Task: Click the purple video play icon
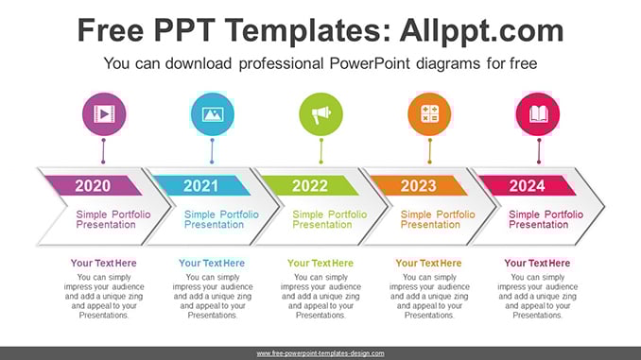[104, 114]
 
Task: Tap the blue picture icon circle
[213, 114]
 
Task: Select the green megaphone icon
[320, 114]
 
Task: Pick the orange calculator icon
[429, 114]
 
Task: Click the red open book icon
[538, 114]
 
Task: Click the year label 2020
[93, 186]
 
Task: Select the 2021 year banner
[201, 185]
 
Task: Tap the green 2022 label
[310, 186]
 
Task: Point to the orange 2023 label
[418, 186]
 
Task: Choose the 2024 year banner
[527, 185]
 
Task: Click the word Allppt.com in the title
[481, 30]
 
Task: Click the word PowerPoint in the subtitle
[369, 63]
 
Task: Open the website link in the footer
[320, 353]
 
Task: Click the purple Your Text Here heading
[103, 264]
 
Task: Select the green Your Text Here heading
[320, 264]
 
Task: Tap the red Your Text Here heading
[537, 264]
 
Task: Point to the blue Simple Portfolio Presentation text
[221, 219]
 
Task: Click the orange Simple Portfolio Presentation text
[438, 219]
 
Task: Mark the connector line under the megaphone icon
[320, 151]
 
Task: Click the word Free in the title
[111, 30]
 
